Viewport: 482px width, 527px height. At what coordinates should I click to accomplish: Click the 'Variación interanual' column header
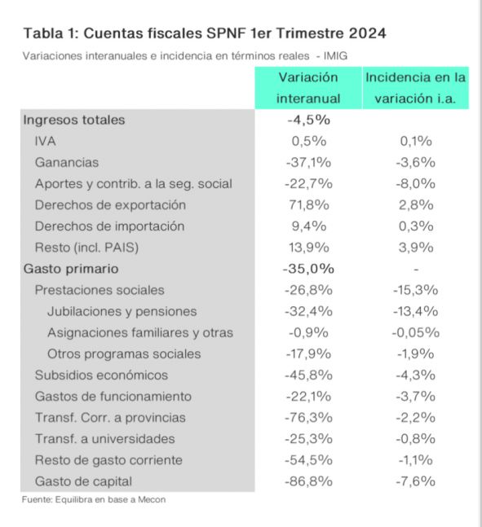(x=308, y=88)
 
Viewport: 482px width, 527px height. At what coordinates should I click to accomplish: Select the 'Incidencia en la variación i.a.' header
(x=415, y=88)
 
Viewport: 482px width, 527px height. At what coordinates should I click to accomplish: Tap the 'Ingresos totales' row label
(x=74, y=120)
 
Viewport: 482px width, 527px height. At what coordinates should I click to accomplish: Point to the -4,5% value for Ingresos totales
(x=308, y=120)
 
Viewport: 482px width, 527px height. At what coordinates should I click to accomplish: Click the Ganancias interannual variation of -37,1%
(x=308, y=163)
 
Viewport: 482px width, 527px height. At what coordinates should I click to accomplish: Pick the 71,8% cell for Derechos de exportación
(x=309, y=205)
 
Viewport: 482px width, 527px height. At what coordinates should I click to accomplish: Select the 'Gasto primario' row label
(x=71, y=269)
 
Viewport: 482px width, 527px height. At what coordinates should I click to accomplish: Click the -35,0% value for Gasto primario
(x=308, y=269)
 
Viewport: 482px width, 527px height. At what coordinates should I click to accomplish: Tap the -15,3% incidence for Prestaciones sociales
(x=416, y=290)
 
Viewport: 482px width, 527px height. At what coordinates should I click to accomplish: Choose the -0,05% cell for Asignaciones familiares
(x=416, y=333)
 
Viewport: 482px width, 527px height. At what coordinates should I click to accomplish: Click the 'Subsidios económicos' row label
(x=101, y=375)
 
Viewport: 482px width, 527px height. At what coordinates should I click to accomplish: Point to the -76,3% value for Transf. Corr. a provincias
(x=308, y=418)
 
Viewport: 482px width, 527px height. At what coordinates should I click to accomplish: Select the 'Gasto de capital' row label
(x=83, y=481)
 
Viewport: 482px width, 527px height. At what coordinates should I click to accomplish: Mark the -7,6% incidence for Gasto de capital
(x=416, y=481)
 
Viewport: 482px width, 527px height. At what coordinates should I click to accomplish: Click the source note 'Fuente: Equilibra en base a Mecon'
(x=94, y=499)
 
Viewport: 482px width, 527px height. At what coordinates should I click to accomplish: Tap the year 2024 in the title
(x=367, y=33)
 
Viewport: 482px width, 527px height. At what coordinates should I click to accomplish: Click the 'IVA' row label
(x=45, y=141)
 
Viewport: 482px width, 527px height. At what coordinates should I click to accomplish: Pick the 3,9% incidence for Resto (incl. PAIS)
(x=416, y=248)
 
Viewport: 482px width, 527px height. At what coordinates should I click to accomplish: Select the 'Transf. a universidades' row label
(x=105, y=439)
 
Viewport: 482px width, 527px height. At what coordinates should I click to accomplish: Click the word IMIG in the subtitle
(x=335, y=55)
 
